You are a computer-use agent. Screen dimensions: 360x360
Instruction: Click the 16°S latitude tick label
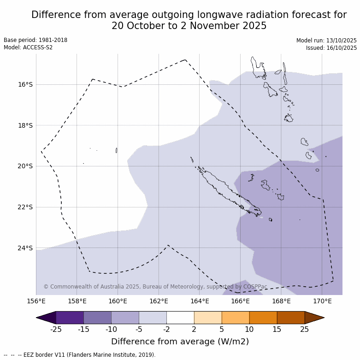click(25, 84)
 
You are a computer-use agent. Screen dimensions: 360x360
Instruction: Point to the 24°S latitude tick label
click(25, 248)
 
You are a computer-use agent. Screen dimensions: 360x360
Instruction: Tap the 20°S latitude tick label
click(25, 166)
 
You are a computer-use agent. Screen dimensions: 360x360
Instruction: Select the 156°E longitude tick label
click(36, 301)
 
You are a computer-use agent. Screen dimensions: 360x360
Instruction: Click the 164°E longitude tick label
click(200, 301)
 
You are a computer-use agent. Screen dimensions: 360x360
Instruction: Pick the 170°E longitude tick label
click(322, 301)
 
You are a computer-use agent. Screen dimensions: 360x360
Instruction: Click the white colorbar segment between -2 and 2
click(180, 318)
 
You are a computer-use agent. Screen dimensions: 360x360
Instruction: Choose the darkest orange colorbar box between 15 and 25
click(291, 318)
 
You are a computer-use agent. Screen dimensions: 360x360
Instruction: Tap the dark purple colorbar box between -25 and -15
click(70, 318)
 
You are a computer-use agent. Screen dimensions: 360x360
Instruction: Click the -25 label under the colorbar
click(56, 329)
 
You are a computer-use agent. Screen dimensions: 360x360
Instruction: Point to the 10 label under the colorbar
click(249, 329)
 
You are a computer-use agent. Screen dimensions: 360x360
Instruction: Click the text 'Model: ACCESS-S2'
click(28, 47)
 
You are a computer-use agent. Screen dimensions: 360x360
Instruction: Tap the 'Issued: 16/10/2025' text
click(331, 48)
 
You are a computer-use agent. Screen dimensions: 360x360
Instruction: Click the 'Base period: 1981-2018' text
click(35, 40)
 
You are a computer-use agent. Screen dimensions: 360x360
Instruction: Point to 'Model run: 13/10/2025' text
click(326, 41)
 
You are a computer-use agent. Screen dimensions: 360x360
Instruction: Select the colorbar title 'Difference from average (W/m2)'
click(180, 342)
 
